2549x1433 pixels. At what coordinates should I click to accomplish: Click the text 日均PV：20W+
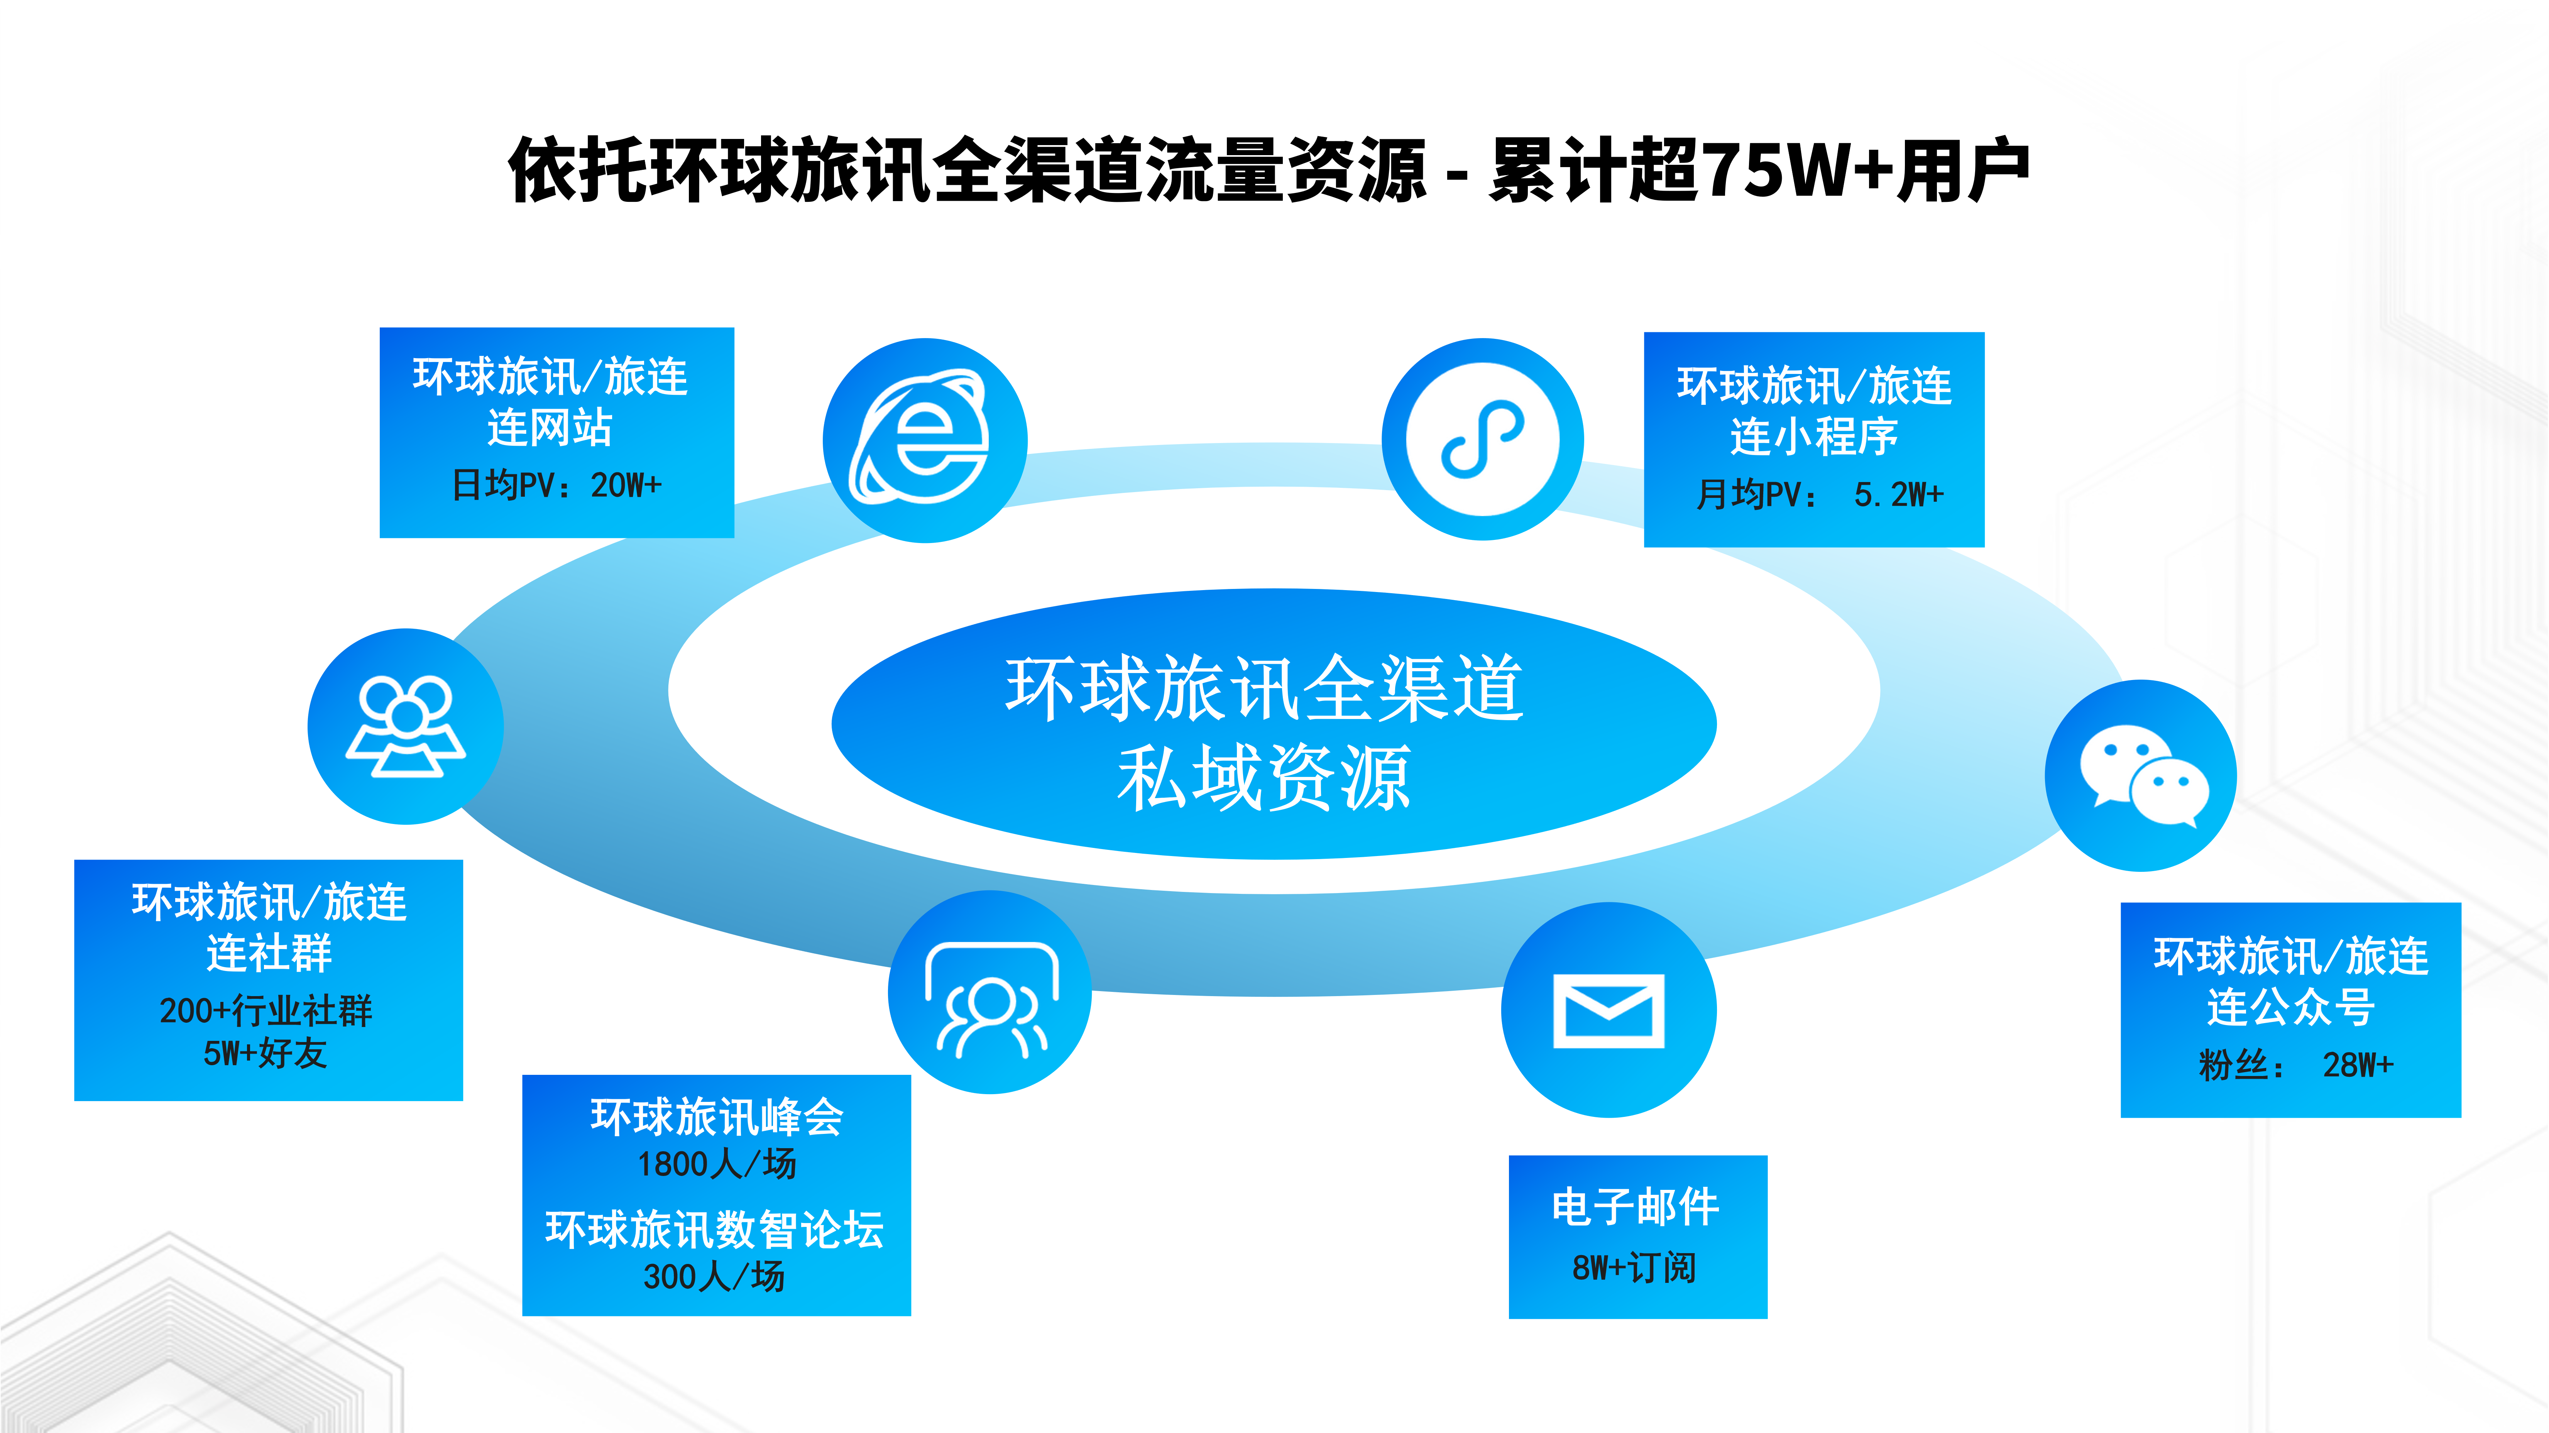click(556, 485)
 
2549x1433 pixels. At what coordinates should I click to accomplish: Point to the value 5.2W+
click(1898, 494)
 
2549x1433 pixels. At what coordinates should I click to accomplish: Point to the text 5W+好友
click(265, 1053)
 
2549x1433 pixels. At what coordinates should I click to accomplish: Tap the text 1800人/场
click(716, 1164)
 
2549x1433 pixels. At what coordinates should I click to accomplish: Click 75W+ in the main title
click(1801, 170)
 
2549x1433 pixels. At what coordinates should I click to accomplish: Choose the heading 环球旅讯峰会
click(716, 1117)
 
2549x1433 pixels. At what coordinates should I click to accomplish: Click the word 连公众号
click(2291, 1007)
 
